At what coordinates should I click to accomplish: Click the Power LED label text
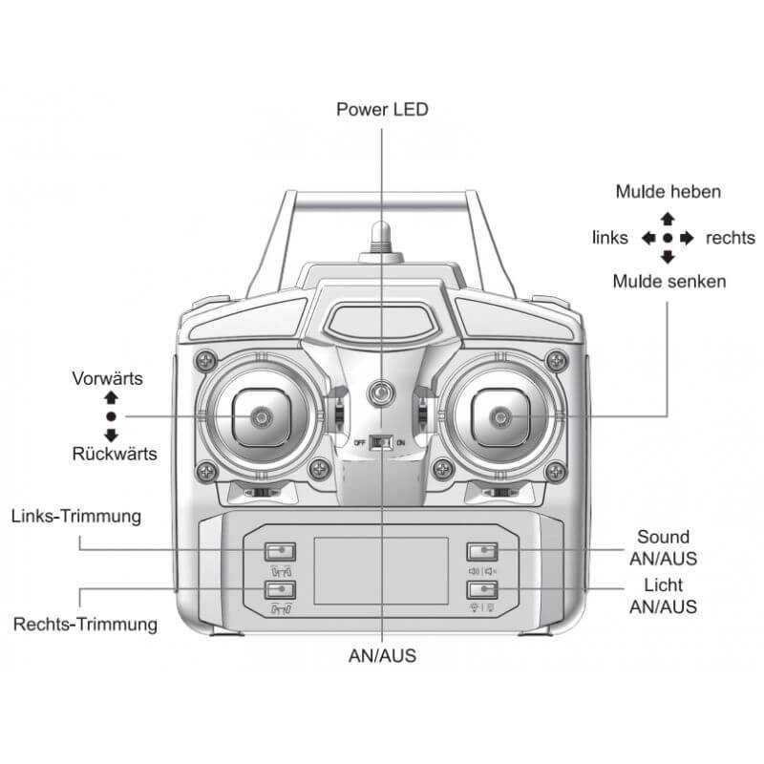(x=382, y=109)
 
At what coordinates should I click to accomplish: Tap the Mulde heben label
(x=668, y=191)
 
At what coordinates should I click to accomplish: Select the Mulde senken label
(x=668, y=281)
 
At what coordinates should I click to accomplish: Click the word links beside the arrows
(x=610, y=238)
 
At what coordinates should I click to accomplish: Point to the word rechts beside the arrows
(x=730, y=238)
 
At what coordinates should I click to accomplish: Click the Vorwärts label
(x=108, y=378)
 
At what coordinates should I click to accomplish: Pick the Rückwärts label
(x=115, y=453)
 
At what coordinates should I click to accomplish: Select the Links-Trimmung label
(x=76, y=517)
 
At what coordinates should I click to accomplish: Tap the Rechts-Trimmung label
(x=85, y=625)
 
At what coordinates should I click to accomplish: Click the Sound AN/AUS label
(x=663, y=547)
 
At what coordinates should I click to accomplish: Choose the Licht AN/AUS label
(x=663, y=595)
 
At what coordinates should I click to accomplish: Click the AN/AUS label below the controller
(x=382, y=656)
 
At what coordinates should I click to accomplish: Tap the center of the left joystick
(x=259, y=416)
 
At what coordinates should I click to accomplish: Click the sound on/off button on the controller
(x=483, y=551)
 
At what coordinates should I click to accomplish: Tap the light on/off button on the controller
(x=483, y=589)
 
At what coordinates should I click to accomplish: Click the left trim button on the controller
(x=280, y=551)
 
